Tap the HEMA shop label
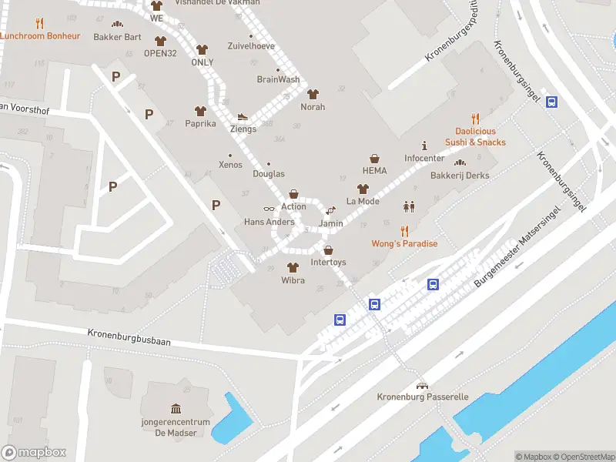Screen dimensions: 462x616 374,171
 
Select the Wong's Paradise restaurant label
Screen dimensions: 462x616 404,244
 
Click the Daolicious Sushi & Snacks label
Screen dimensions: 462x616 475,137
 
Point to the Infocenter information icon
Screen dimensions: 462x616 424,146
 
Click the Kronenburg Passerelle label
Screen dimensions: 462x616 422,397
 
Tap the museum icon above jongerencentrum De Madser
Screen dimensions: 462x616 176,408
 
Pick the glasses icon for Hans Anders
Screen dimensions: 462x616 269,209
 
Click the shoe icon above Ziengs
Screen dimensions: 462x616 243,117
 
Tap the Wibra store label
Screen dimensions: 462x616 293,280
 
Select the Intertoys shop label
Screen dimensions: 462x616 328,263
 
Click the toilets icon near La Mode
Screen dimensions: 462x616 408,206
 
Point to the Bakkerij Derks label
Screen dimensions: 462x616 460,175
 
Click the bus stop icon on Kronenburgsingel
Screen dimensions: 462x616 552,102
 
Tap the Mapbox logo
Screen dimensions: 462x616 34,453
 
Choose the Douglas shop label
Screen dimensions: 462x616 269,174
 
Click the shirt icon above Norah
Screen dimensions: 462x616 313,94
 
